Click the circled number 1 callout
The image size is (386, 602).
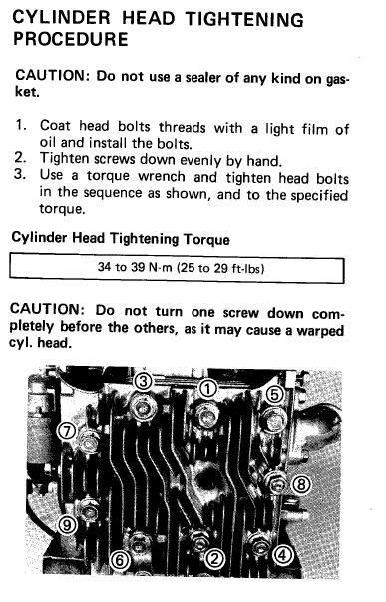coord(207,389)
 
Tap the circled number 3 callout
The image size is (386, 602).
coord(143,382)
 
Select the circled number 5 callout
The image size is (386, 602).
coord(274,395)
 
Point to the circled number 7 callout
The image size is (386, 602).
coord(67,431)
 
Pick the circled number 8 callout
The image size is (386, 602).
coord(301,485)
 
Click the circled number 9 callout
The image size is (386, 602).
coord(67,525)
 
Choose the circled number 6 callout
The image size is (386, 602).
coord(119,560)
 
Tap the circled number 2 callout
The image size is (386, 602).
coord(214,558)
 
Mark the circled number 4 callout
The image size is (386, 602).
coord(282,555)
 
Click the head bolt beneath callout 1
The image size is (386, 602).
coord(207,416)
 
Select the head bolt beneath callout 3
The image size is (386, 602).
coord(144,408)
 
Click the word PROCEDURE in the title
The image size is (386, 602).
coord(70,39)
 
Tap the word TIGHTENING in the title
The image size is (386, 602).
coord(244,19)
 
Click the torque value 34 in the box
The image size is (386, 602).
coord(104,267)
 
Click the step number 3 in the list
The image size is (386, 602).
coord(20,174)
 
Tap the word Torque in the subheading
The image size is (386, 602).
coord(206,240)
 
